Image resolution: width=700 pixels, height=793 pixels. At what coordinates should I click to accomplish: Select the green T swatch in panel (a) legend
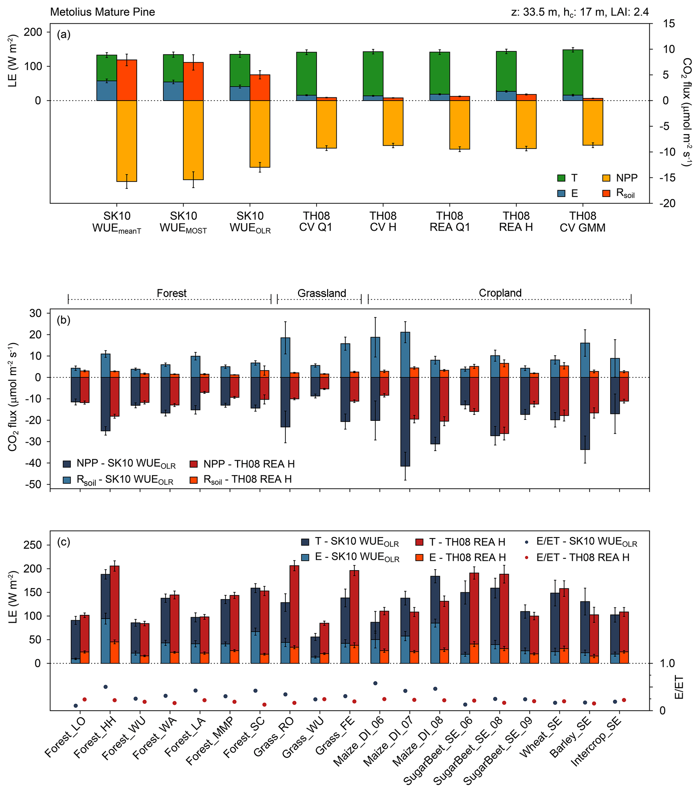(x=561, y=178)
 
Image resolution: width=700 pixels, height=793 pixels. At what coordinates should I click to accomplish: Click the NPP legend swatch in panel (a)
(x=606, y=178)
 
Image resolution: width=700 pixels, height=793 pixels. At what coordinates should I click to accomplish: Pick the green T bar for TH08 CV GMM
(x=572, y=72)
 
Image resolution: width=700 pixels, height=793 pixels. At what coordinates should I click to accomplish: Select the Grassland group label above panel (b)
(x=322, y=293)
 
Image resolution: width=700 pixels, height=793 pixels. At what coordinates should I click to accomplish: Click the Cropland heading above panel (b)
(x=500, y=293)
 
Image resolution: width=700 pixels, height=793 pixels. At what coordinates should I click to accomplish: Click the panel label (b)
(x=64, y=320)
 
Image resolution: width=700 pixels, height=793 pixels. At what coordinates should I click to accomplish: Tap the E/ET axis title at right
(x=679, y=687)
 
